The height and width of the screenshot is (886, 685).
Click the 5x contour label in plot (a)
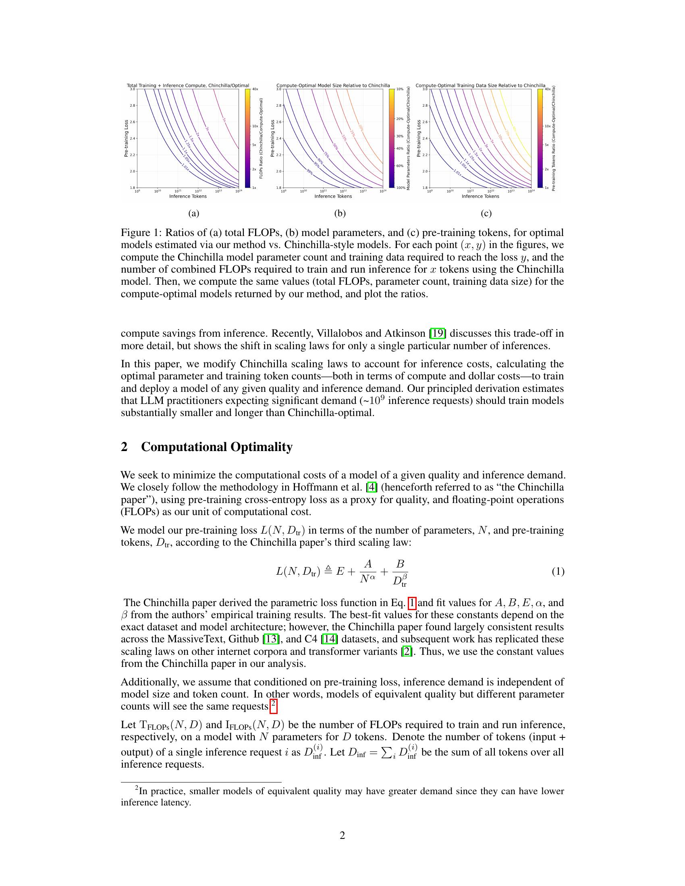click(x=224, y=120)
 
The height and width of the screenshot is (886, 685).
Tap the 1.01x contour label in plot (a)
click(x=185, y=167)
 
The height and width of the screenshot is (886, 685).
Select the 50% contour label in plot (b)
click(x=335, y=147)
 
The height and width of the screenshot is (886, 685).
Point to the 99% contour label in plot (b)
click(x=309, y=172)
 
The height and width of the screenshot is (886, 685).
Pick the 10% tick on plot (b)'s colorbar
click(x=400, y=89)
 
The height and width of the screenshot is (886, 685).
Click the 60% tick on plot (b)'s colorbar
click(x=400, y=166)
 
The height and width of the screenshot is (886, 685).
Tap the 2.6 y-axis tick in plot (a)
click(x=133, y=122)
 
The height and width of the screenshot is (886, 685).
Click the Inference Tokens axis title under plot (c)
click(x=480, y=197)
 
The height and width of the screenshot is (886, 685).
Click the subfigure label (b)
click(x=340, y=214)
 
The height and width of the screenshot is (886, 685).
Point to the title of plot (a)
click(x=188, y=86)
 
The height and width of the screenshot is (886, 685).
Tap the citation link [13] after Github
click(x=270, y=639)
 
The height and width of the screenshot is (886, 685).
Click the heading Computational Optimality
click(x=217, y=447)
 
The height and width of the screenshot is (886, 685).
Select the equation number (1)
click(x=558, y=571)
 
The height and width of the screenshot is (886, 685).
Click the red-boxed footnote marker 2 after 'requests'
click(x=274, y=706)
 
